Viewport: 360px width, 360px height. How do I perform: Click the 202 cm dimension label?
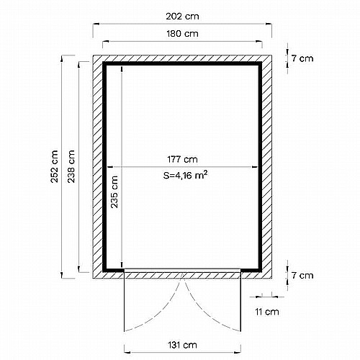click(x=182, y=17)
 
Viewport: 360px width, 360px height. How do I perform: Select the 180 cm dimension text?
click(x=182, y=34)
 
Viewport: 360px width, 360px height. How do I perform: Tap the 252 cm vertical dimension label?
click(x=55, y=166)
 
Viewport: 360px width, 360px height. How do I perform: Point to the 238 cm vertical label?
click(x=71, y=166)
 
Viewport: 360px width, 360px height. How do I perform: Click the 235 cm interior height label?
click(x=114, y=192)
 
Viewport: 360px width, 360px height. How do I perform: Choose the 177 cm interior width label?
click(x=182, y=159)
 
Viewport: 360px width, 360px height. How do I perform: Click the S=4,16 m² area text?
click(x=185, y=175)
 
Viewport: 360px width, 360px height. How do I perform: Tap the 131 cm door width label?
click(x=182, y=345)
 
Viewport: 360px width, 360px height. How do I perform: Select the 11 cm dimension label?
click(x=267, y=312)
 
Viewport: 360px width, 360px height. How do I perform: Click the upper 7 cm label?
click(x=302, y=58)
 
